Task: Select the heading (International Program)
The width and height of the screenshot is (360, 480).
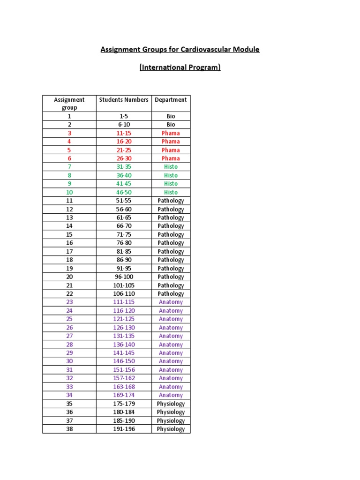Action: click(x=180, y=67)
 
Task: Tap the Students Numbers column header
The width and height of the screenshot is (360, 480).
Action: click(x=124, y=99)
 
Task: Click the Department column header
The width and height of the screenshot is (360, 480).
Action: click(x=171, y=99)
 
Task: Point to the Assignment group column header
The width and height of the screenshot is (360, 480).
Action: click(x=69, y=103)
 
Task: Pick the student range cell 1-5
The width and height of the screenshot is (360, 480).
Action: click(x=124, y=116)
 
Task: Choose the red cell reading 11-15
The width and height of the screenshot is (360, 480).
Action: click(x=124, y=133)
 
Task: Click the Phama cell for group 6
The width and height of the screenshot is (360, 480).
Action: click(x=171, y=158)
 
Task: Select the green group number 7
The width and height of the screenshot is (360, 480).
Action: click(x=69, y=167)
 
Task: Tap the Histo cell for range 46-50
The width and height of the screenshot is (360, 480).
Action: click(x=171, y=192)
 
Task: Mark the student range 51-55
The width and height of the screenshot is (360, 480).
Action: click(x=124, y=201)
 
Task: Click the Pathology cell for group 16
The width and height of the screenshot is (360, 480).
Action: click(x=171, y=243)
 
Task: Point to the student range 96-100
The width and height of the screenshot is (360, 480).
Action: click(x=124, y=277)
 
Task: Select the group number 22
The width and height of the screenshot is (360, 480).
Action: click(x=69, y=293)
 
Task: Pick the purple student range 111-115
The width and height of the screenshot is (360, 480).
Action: click(x=124, y=302)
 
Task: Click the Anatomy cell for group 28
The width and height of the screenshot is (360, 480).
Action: click(x=171, y=345)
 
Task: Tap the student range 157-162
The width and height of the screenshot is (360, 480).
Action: click(x=124, y=378)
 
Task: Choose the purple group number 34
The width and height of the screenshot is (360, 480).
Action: click(x=69, y=395)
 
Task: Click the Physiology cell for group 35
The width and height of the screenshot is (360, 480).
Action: click(x=171, y=404)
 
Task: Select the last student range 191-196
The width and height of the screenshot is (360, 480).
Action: click(x=124, y=429)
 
